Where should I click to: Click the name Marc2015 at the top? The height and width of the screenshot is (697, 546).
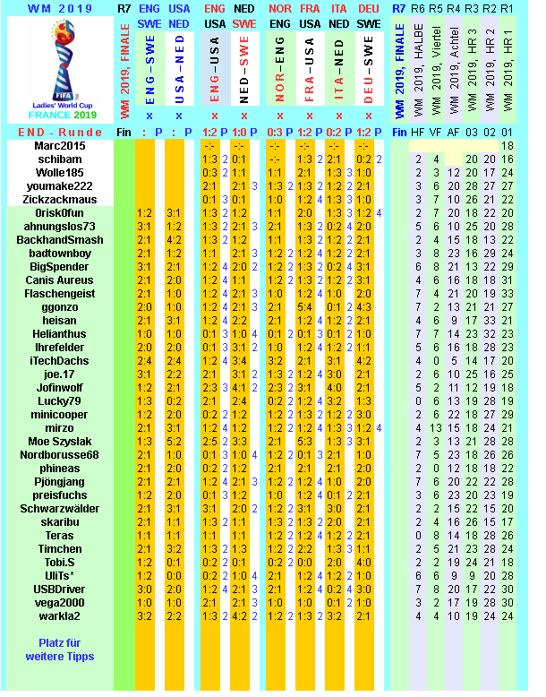click(60, 146)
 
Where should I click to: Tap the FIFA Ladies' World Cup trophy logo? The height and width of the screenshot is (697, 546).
click(59, 61)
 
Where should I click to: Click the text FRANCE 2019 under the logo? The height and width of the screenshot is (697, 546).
click(59, 116)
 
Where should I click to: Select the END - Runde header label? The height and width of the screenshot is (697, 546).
click(59, 132)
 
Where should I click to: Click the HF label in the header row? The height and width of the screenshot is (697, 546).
click(418, 132)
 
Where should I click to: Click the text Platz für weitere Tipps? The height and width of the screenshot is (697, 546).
click(59, 650)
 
